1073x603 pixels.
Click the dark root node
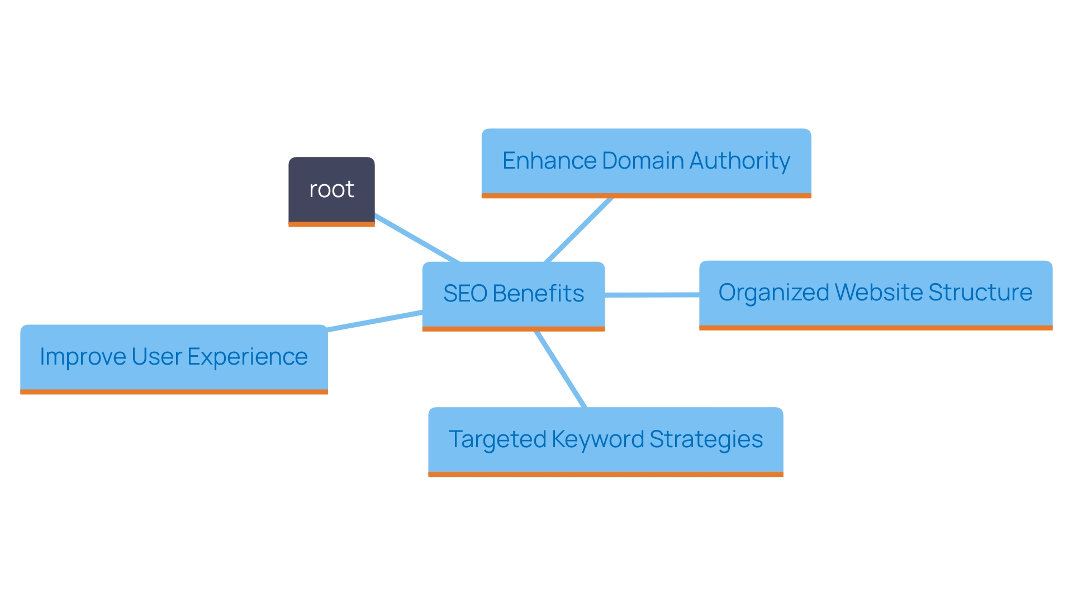click(331, 190)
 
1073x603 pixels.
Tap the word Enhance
click(549, 161)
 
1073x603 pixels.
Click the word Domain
click(643, 161)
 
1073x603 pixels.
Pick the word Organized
click(773, 293)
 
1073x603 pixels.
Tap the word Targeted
click(497, 439)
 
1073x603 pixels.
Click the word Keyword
click(597, 440)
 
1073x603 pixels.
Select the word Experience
click(247, 357)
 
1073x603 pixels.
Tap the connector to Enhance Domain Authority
click(578, 229)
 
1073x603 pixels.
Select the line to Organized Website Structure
click(652, 294)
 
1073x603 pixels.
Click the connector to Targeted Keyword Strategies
click(561, 369)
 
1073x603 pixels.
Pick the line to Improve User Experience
click(374, 321)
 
